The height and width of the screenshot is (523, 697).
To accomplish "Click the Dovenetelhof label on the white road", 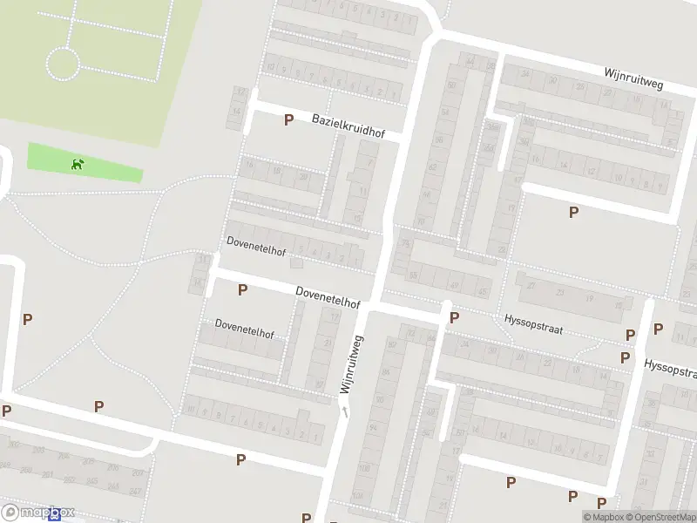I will [328, 297].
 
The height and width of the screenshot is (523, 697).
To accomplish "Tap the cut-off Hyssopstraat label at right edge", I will [671, 368].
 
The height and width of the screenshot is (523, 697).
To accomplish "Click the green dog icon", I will [78, 163].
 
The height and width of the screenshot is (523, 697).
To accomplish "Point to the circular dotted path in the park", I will [63, 64].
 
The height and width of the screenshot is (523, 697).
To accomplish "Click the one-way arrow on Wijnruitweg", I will [346, 411].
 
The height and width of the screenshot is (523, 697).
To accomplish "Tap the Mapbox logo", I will [38, 513].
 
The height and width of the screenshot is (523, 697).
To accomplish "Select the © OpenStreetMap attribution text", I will [665, 517].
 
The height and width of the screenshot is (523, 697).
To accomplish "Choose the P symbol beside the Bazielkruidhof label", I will [288, 120].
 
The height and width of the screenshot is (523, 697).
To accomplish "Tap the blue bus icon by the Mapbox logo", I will [57, 516].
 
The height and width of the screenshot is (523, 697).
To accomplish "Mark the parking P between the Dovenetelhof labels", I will [242, 289].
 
